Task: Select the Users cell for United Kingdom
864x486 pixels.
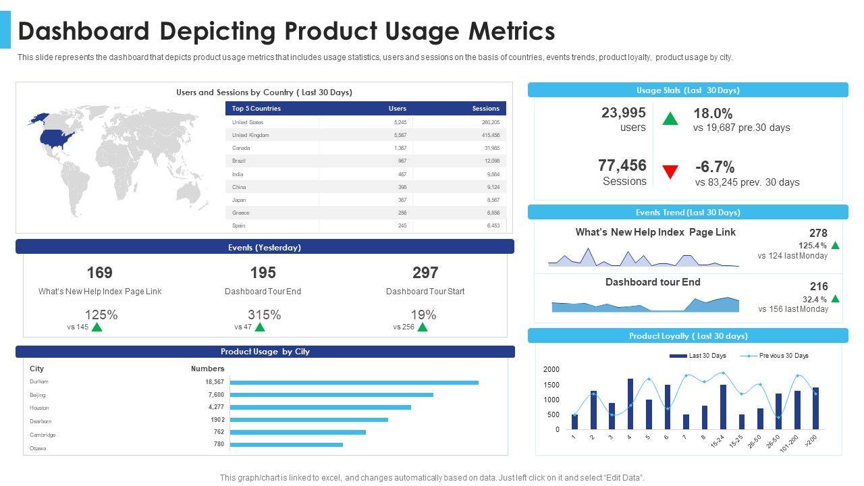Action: click(400, 135)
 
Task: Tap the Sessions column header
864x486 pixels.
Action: click(485, 108)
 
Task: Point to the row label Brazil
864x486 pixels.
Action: click(239, 161)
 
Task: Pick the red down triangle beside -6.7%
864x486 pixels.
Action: click(670, 172)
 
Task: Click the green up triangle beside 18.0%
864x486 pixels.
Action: click(670, 119)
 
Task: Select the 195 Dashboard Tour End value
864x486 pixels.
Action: click(263, 273)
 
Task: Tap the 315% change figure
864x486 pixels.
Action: click(264, 315)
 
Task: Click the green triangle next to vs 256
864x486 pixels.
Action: click(423, 327)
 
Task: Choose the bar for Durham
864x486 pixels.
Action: click(354, 382)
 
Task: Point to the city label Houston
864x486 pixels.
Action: click(39, 408)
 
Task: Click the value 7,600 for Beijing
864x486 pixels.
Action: click(216, 395)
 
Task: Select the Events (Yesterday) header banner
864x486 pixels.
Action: click(265, 247)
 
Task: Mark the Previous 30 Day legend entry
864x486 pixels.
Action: click(783, 356)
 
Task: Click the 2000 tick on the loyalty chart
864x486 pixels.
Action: click(551, 369)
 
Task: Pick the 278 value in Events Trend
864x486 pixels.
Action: click(818, 234)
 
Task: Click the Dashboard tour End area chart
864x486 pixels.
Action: click(645, 305)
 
